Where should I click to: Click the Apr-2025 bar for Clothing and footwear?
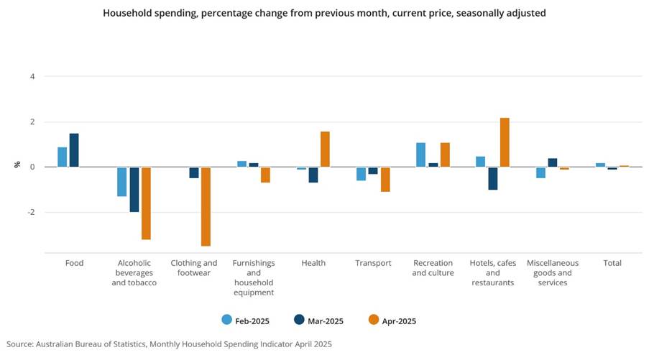point(206,206)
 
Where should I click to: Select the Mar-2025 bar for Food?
point(74,150)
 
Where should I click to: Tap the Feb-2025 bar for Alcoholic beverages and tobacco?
point(122,182)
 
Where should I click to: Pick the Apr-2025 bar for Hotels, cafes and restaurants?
point(505,142)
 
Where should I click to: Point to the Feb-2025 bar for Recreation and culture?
point(420,155)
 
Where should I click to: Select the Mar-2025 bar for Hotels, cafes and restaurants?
point(493,178)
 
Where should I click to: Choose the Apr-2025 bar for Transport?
point(385,180)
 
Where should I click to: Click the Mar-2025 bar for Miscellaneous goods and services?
point(553,162)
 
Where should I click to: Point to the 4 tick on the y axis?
point(32,76)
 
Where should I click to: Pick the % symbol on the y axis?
point(17,165)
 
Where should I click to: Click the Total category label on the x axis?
point(612,263)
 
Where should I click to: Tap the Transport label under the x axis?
point(373,263)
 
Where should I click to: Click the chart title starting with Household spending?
point(324,13)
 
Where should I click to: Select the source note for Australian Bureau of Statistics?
point(169,345)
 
